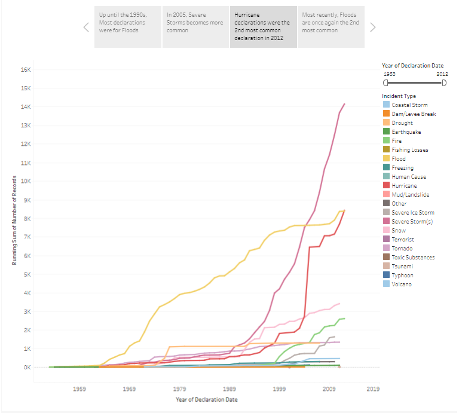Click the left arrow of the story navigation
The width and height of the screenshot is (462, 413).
(86, 27)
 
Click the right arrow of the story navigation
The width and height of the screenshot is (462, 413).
(373, 27)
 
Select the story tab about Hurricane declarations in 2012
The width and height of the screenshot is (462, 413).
(263, 27)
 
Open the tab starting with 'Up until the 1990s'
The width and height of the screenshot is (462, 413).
(127, 27)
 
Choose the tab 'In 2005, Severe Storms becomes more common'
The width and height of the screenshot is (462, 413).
(195, 27)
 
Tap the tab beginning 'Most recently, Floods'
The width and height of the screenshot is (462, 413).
(331, 27)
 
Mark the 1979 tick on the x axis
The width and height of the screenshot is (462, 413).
(180, 388)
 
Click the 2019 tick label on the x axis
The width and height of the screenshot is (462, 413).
(373, 388)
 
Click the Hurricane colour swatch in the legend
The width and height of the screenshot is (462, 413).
(385, 186)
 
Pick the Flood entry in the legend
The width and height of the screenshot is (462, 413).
(399, 159)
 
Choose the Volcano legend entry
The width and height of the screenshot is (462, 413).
(402, 284)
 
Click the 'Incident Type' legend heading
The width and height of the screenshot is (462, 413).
(399, 96)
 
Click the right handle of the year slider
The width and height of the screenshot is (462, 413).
(443, 83)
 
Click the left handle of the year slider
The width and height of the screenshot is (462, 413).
(385, 83)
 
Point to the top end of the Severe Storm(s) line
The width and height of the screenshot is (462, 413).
(344, 104)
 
